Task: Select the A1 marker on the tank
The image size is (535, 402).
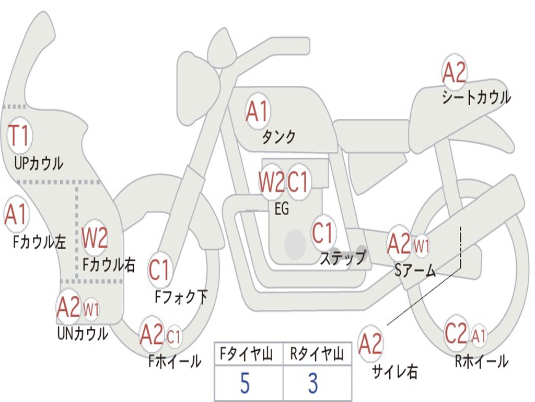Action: tap(258, 111)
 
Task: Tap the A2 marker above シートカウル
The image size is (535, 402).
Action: tap(454, 73)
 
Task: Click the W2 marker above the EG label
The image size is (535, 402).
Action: tap(271, 182)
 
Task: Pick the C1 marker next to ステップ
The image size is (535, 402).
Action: tap(322, 233)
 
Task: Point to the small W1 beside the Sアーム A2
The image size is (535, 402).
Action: tap(422, 246)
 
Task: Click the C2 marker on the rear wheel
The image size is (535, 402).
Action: tap(456, 332)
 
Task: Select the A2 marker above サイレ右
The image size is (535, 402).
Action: tap(370, 343)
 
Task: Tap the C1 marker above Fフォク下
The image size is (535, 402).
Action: tap(159, 270)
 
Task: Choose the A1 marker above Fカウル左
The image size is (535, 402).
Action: tap(16, 214)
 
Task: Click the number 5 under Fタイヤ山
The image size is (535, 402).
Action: tap(245, 383)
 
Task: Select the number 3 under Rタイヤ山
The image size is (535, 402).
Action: tap(313, 383)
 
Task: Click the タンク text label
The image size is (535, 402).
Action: tap(278, 137)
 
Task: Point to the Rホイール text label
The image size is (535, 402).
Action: tap(481, 361)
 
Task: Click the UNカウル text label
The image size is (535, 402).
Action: tap(83, 333)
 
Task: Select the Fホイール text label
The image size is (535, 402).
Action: tap(175, 361)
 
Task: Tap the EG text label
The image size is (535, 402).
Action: tap(282, 208)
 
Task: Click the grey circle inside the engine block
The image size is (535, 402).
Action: tap(295, 244)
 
